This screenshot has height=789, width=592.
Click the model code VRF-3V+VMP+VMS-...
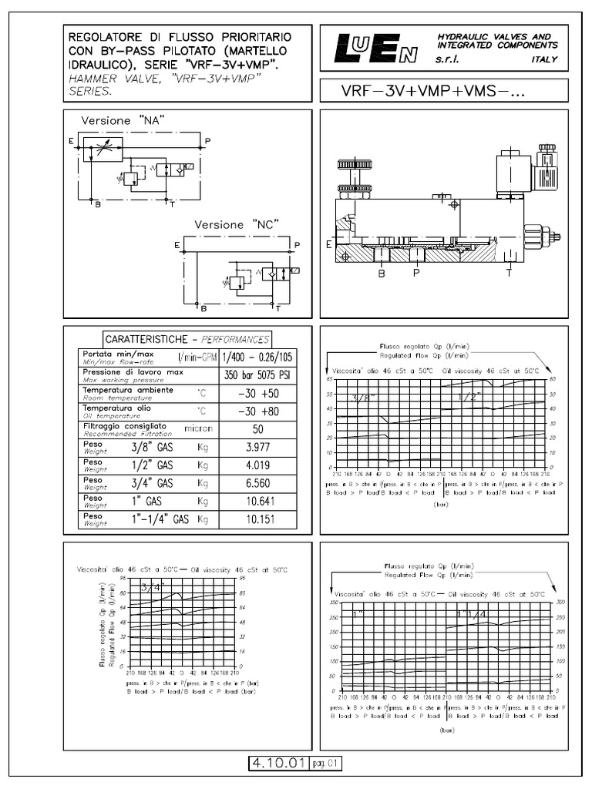click(432, 91)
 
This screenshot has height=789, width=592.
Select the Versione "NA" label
click(124, 122)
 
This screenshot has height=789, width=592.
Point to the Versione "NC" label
click(236, 224)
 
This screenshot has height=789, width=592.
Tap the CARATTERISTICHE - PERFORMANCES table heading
click(187, 338)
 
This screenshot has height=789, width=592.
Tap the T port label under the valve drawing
click(509, 272)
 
